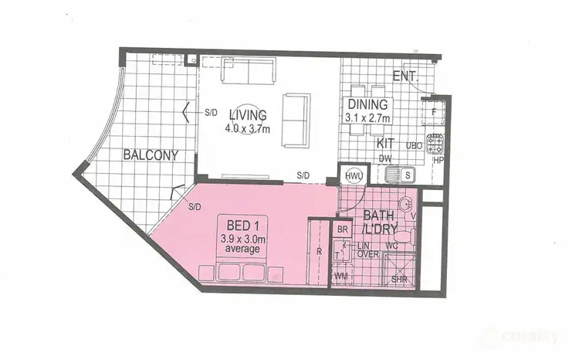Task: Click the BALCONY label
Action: (151, 155)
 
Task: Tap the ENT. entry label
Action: (405, 76)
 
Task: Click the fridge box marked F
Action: (435, 111)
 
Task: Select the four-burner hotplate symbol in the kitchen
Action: (436, 143)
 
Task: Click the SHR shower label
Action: (399, 280)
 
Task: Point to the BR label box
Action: (342, 230)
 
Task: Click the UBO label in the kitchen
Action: (415, 144)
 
